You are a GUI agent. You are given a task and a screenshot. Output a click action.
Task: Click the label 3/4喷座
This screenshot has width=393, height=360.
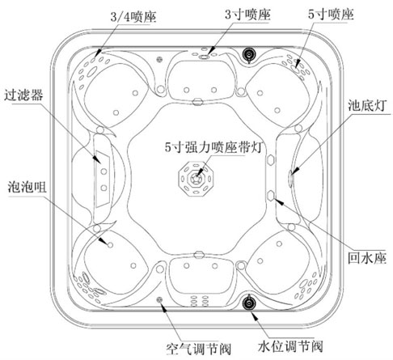click(x=133, y=17)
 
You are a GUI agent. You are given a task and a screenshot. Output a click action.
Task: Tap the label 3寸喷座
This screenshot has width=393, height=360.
click(x=247, y=14)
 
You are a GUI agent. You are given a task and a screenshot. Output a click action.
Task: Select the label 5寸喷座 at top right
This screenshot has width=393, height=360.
click(x=331, y=14)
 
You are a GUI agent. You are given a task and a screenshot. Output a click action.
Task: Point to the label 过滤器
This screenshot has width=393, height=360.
click(x=23, y=95)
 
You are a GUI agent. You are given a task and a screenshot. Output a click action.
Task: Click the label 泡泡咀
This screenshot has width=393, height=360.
click(x=27, y=187)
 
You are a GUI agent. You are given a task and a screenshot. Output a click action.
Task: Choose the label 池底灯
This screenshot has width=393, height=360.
click(x=367, y=105)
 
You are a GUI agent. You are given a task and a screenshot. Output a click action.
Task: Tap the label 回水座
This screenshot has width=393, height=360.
click(x=367, y=258)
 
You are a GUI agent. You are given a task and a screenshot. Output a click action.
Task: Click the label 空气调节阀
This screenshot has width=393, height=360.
click(x=199, y=349)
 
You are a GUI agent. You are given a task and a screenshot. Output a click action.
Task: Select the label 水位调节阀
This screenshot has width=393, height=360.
click(x=290, y=346)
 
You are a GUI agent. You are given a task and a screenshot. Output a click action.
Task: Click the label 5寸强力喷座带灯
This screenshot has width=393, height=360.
click(x=213, y=147)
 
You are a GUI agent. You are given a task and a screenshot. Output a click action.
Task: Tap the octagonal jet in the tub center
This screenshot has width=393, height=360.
click(x=196, y=178)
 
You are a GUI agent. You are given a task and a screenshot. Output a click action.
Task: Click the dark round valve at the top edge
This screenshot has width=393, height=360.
click(x=249, y=55)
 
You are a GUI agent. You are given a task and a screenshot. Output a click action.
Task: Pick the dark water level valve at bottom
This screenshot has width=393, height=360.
click(x=249, y=303)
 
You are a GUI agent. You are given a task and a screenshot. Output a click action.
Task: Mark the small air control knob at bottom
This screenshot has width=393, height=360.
click(x=159, y=299)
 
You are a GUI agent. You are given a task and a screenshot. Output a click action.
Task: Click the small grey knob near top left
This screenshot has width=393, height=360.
click(x=159, y=59)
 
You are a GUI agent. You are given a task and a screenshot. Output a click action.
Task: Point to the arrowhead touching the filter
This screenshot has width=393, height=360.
click(x=97, y=159)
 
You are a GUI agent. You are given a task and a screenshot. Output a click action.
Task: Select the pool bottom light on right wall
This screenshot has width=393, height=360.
click(x=290, y=178)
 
